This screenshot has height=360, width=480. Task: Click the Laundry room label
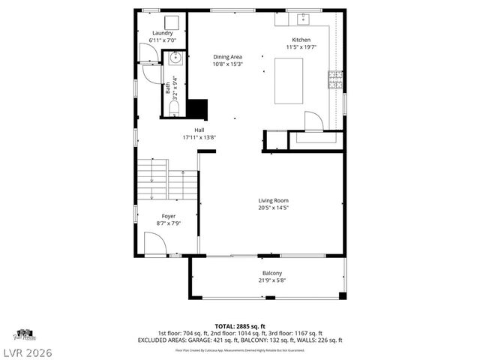pyautogui.click(x=163, y=34)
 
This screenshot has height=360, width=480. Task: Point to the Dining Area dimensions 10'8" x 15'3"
pyautogui.click(x=227, y=64)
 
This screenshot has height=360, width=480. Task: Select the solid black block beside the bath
pyautogui.click(x=198, y=109)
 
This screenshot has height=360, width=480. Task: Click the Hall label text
pyautogui.click(x=199, y=130)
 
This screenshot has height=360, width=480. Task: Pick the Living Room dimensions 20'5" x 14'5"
pyautogui.click(x=273, y=208)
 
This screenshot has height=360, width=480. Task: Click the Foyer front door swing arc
pyautogui.click(x=155, y=244)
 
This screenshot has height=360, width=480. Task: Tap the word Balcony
pyautogui.click(x=272, y=273)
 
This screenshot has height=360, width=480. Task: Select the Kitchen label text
pyautogui.click(x=301, y=40)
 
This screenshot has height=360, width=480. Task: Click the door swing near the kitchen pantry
pyautogui.click(x=313, y=120)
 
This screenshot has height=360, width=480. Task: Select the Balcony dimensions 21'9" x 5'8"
pyautogui.click(x=272, y=280)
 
